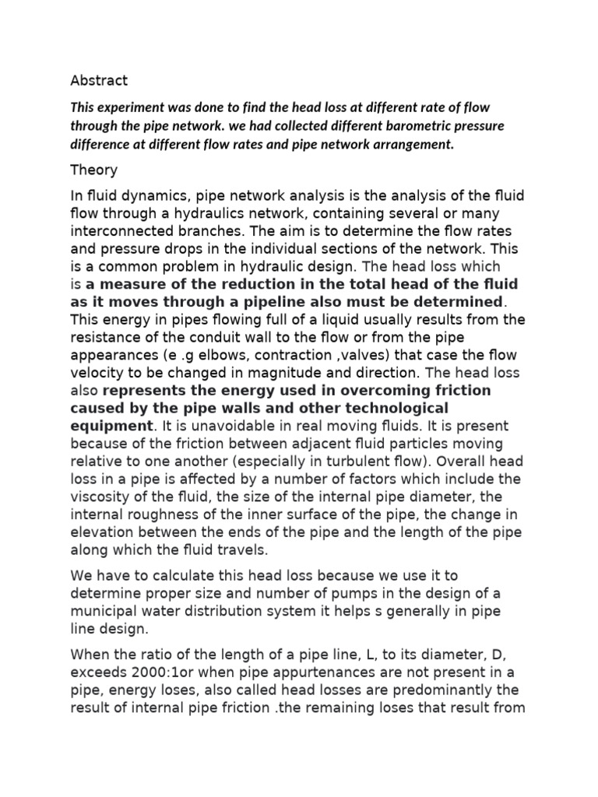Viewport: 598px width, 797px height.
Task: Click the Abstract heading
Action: pos(99,80)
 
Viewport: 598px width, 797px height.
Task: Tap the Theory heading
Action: pos(93,170)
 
